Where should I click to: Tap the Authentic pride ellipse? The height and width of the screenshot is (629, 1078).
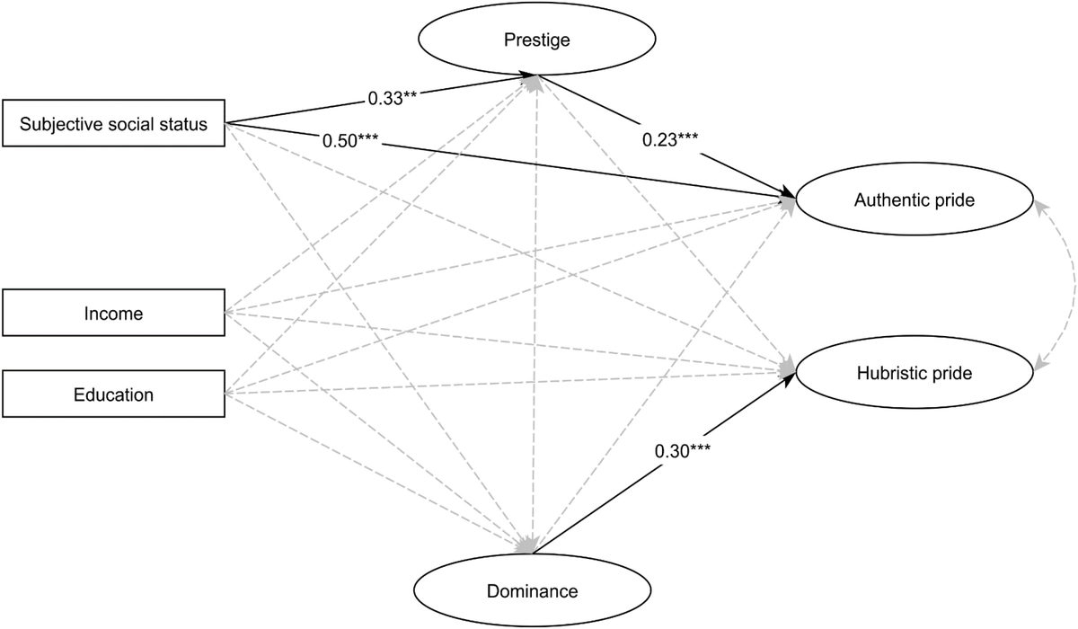[x=914, y=202]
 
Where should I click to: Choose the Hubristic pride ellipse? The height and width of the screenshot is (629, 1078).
[x=914, y=373]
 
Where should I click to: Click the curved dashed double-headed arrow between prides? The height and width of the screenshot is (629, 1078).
[x=1067, y=286]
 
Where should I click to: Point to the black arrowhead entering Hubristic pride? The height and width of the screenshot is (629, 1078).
[x=788, y=379]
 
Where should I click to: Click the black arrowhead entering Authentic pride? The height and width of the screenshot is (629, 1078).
[x=787, y=194]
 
